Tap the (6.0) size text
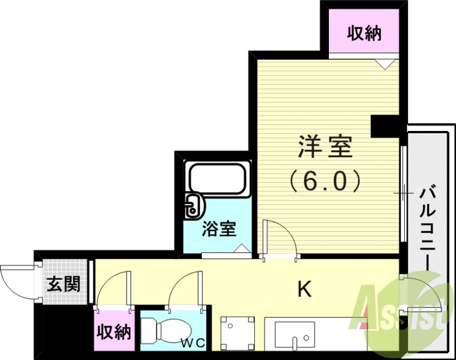click(325, 181)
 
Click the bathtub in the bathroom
click(218, 179)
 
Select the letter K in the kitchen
click(306, 290)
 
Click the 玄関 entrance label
click(63, 284)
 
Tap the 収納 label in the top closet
click(364, 34)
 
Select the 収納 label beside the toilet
click(114, 332)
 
